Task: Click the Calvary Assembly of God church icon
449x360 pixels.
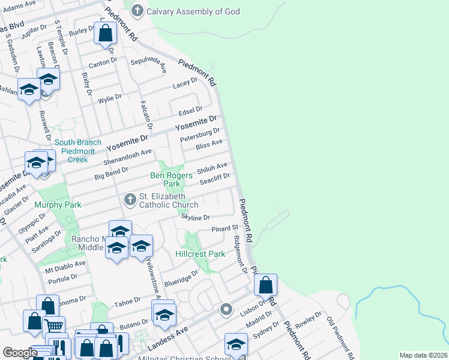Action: (x=137, y=11)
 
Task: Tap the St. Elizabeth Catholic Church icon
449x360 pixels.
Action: (x=130, y=199)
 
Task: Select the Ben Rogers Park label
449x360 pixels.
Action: (x=171, y=179)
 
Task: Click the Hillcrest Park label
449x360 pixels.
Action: (x=200, y=254)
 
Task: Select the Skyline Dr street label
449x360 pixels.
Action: (x=196, y=218)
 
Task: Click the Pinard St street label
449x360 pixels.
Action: (x=225, y=229)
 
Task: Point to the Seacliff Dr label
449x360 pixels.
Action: (x=215, y=176)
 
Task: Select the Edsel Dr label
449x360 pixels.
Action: (x=190, y=110)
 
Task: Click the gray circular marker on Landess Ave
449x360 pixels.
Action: (x=226, y=310)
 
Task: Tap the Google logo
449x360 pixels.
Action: (x=19, y=353)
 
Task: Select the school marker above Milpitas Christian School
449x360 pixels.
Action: (x=236, y=344)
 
